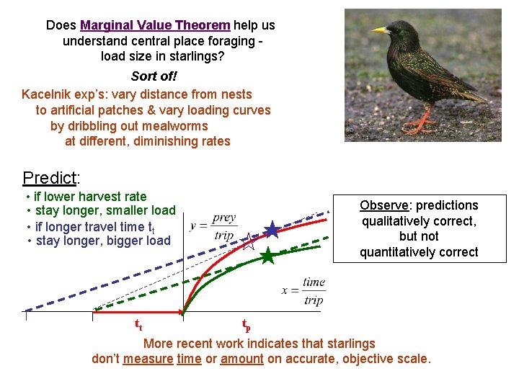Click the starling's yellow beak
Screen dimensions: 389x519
point(380,30)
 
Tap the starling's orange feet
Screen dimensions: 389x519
point(418,127)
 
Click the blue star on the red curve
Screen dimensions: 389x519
point(272,230)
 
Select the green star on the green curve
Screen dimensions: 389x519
point(267,256)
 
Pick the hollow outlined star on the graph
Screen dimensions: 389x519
point(248,241)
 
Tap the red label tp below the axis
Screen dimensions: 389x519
point(246,326)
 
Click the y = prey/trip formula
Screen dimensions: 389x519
point(214,226)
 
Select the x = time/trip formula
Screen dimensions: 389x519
point(304,291)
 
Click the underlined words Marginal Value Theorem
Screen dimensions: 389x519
point(155,25)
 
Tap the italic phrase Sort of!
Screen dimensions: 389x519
point(154,76)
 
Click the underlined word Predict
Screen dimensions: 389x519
point(49,177)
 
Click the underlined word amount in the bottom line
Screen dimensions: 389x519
point(241,359)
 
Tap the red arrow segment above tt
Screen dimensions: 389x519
point(137,312)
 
